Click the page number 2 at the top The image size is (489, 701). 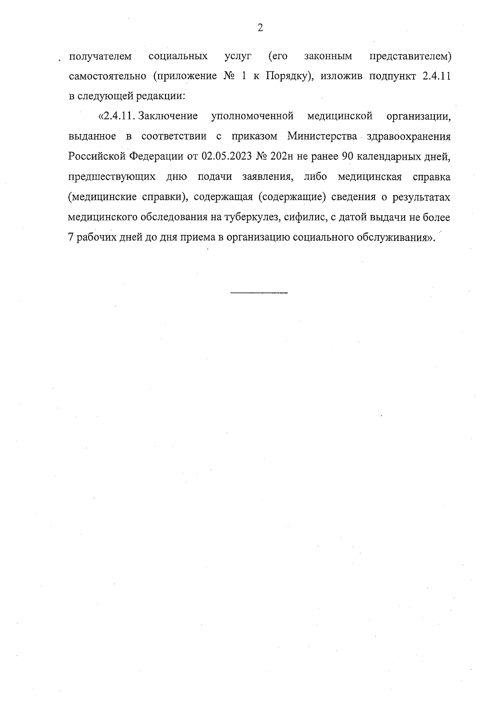(260, 28)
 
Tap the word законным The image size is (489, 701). (328, 56)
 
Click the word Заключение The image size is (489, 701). (168, 117)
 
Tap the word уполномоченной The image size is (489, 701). (253, 117)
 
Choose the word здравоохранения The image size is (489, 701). (409, 137)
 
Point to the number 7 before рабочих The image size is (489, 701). (70, 238)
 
